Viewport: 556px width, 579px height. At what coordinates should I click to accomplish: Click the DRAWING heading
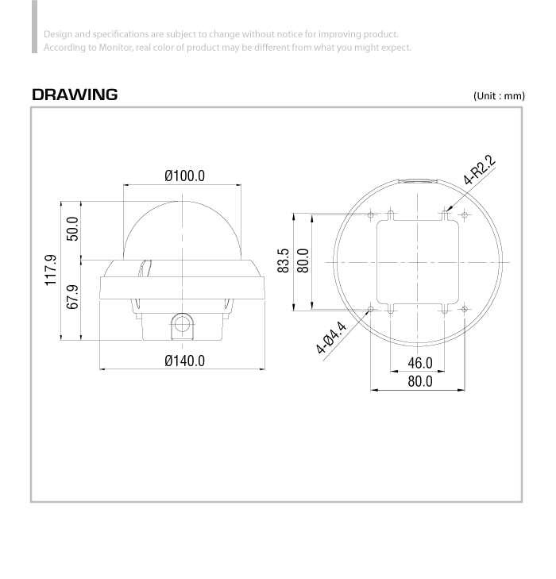coord(75,95)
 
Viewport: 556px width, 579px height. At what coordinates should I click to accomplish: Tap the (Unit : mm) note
coord(499,96)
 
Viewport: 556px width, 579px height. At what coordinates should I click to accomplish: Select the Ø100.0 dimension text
coord(184,176)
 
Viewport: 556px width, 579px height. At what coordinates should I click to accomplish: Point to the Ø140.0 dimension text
coord(184,361)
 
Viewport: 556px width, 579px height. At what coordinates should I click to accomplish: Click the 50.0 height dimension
coord(72,229)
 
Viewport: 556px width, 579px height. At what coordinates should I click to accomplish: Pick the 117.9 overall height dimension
coord(51,270)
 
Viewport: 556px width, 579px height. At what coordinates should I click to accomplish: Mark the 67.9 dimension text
coord(72,296)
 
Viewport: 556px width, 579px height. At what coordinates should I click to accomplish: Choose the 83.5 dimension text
coord(284,261)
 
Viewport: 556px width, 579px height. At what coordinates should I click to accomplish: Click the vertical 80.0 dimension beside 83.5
coord(303,261)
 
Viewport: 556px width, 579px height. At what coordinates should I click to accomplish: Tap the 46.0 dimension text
coord(420,363)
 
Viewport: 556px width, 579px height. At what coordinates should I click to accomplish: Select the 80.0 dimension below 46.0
coord(420,381)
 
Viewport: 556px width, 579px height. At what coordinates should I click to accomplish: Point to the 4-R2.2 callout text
coord(479,170)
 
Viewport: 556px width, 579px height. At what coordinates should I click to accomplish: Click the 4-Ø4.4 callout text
coord(331,338)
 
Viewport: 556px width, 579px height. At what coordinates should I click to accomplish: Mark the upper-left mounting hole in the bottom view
coord(371,215)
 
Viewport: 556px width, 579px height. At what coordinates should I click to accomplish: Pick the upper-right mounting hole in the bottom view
coord(465,215)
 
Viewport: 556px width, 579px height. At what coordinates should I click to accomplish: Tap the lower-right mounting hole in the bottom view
coord(465,309)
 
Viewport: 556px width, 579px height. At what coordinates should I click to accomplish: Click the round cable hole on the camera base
coord(182,325)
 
